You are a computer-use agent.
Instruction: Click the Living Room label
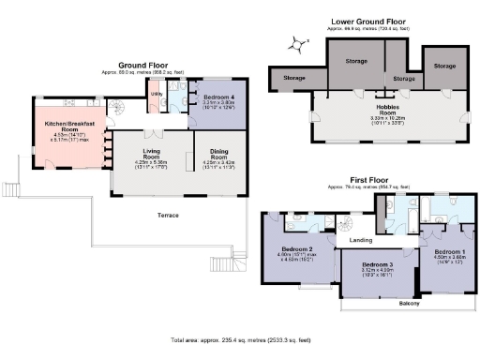152,152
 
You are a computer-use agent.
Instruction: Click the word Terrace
168,216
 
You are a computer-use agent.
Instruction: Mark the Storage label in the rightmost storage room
445,67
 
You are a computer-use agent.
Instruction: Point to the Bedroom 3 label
370,265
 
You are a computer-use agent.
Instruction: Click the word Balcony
408,304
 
